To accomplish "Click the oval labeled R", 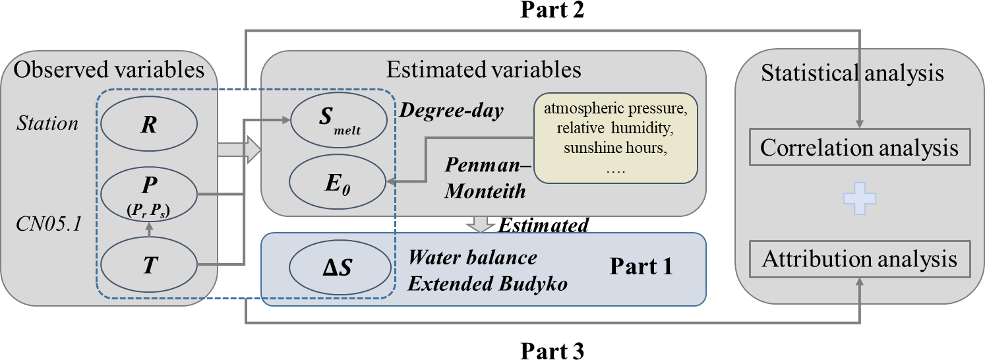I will (x=149, y=125).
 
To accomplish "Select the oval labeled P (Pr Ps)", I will (x=149, y=194).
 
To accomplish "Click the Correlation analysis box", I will (x=859, y=148).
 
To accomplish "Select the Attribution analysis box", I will (x=859, y=259).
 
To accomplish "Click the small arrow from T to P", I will (x=149, y=229).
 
